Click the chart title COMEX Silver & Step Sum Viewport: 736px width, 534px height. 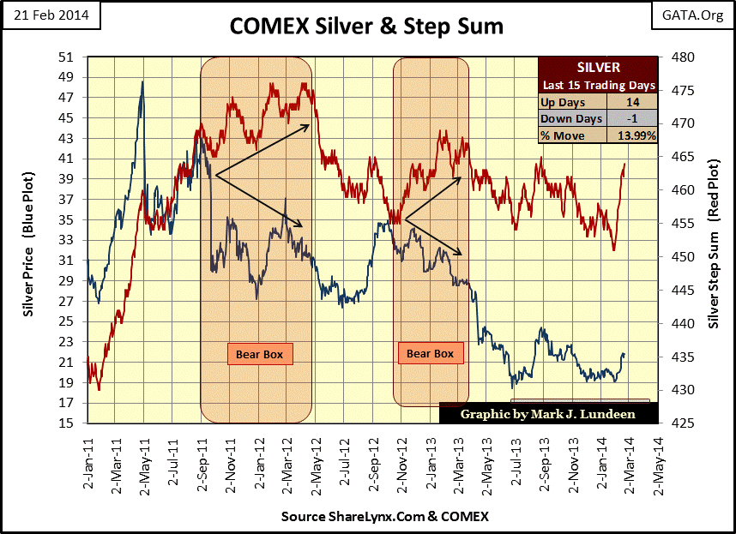click(366, 27)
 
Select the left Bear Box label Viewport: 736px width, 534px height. click(259, 353)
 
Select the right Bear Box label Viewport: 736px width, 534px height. click(430, 352)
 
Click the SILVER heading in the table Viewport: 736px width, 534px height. click(596, 69)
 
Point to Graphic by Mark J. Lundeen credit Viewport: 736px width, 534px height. click(548, 413)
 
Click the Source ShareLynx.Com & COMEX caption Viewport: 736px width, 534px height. click(384, 517)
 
